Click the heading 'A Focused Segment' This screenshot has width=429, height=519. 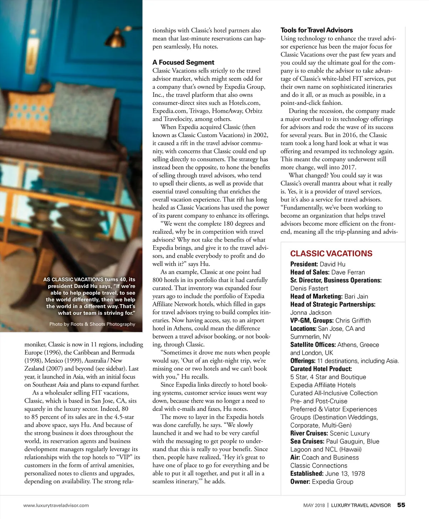coord(183,62)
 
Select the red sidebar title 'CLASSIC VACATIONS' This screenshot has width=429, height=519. coord(331,253)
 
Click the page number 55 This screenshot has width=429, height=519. coord(401,505)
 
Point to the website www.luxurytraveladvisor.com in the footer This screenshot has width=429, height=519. coord(56,505)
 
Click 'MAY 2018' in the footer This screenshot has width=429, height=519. coord(314,505)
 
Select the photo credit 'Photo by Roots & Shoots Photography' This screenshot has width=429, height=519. coord(92,324)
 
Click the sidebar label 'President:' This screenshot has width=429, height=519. coord(304,264)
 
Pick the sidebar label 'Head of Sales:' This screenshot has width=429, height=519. coord(310,272)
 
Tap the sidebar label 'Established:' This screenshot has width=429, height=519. coord(307,474)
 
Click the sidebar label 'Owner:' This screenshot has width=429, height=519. coord(300,482)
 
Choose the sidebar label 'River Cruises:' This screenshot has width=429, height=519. coord(309,433)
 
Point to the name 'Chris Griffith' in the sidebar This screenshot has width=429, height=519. coord(353,321)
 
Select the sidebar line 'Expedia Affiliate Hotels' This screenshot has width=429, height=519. coord(323,385)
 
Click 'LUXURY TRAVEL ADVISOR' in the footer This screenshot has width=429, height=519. coord(361,505)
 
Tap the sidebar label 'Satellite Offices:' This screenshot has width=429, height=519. coord(313,345)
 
